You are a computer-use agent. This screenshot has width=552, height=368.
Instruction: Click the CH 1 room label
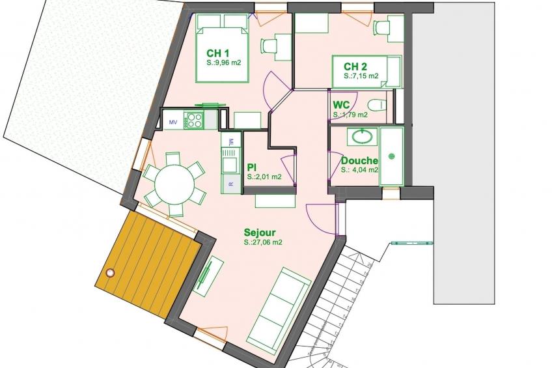218,53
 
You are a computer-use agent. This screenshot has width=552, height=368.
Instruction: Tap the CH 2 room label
355,66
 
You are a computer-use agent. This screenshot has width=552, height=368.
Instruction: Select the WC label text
341,105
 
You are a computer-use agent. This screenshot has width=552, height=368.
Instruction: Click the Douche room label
360,161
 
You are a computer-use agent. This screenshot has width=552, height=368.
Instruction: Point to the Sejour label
260,233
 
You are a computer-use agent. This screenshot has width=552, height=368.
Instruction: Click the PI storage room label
251,167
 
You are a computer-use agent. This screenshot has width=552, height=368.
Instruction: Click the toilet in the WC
376,105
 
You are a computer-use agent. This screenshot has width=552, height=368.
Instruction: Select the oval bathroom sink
362,137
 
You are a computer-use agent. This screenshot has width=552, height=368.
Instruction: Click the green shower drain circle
391,156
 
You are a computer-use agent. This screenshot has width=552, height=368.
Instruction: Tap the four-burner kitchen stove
195,120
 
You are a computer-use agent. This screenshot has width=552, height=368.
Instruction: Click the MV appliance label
173,122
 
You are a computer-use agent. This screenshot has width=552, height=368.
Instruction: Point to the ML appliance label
231,141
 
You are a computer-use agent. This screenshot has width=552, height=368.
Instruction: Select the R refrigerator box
231,184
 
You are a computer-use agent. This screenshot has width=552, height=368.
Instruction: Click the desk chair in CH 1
269,46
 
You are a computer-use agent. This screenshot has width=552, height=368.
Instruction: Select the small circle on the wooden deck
111,272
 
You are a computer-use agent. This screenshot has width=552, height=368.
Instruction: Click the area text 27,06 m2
264,243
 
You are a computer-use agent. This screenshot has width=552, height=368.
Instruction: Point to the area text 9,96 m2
224,63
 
